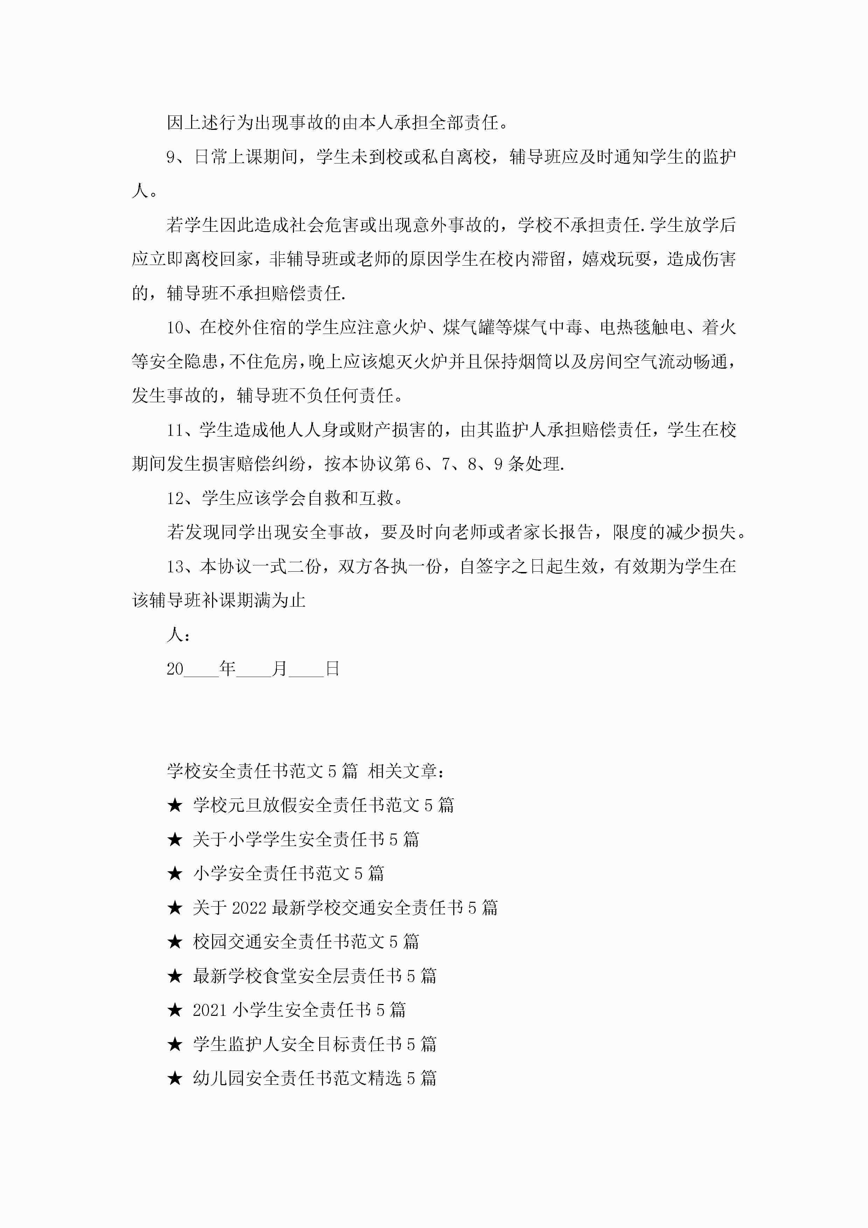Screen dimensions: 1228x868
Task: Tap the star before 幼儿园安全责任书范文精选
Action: coord(175,1078)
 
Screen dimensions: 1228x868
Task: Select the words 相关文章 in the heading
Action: coord(402,771)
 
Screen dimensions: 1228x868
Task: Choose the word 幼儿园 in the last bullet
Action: coord(219,1078)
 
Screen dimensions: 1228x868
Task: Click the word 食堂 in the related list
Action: coord(280,976)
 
